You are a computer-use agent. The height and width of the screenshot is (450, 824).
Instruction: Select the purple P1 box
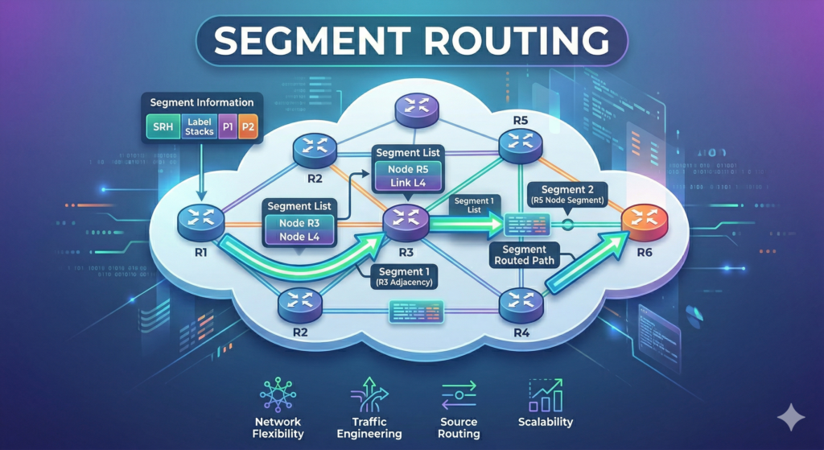coord(228,127)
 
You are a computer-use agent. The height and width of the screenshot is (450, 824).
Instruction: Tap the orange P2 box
coord(248,127)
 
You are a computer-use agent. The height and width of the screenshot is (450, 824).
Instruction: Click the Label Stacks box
coord(199,127)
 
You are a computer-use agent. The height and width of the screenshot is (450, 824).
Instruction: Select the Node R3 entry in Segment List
coord(299,223)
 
